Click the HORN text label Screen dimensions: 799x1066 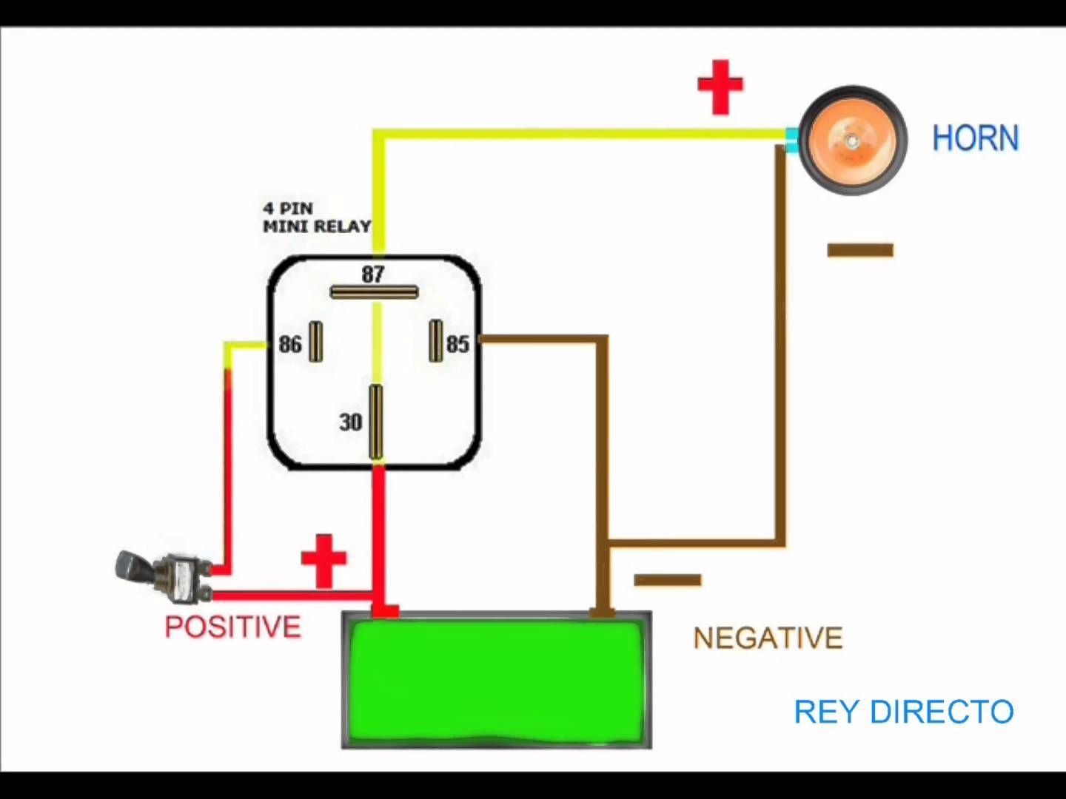tap(975, 138)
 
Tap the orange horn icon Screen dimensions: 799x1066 tap(853, 141)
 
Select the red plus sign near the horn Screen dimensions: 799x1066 tap(720, 87)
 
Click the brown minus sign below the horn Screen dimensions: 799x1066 tap(859, 250)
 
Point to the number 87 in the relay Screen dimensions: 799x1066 tap(373, 274)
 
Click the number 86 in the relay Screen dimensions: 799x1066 tap(290, 344)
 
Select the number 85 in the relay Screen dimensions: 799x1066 tap(457, 344)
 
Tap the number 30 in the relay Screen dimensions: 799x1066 tap(351, 422)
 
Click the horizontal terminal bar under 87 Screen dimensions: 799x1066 tap(374, 292)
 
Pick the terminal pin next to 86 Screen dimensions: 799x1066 tap(316, 341)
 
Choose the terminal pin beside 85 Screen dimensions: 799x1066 tap(436, 340)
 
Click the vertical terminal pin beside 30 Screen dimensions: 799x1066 tap(376, 422)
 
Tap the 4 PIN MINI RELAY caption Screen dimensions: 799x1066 tap(316, 218)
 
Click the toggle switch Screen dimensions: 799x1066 tap(163, 575)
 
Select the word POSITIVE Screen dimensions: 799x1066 tap(232, 627)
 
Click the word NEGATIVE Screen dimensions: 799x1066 tap(768, 638)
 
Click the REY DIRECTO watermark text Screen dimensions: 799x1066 tap(903, 712)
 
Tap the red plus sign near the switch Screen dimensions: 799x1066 tap(324, 560)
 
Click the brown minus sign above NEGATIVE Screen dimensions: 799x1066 tap(667, 580)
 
